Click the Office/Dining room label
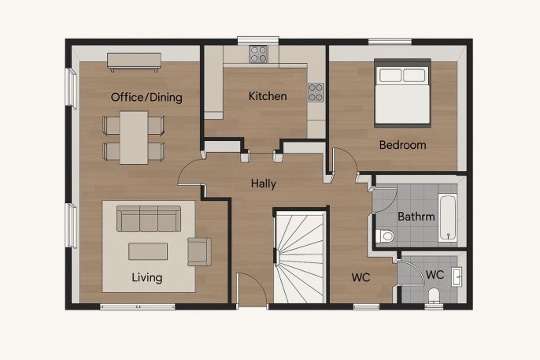(146, 97)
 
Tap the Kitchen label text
(268, 96)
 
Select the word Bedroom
(402, 145)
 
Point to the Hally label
(264, 184)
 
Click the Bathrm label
(416, 217)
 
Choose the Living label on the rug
(147, 277)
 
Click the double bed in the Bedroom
(402, 93)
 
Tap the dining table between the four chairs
(134, 137)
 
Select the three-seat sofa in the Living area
(149, 218)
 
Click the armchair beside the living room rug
(199, 251)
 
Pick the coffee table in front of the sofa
(148, 251)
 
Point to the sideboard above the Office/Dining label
(135, 61)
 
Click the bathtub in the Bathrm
(448, 217)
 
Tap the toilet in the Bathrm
(385, 236)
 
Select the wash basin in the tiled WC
(457, 276)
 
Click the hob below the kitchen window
(259, 54)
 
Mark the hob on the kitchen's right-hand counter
(316, 92)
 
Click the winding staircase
(301, 258)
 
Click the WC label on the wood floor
(361, 277)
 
